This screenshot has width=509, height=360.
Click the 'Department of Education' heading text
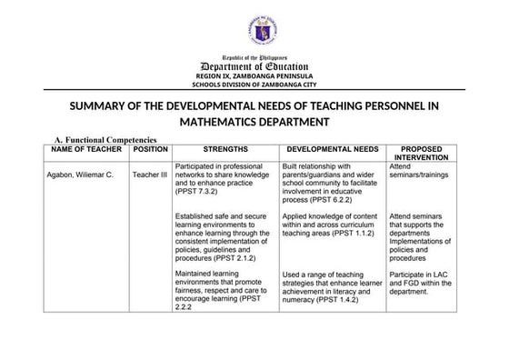[x=254, y=66]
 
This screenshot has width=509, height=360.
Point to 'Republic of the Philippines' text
[x=254, y=57]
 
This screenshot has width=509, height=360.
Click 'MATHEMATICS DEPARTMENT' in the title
[x=254, y=121]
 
